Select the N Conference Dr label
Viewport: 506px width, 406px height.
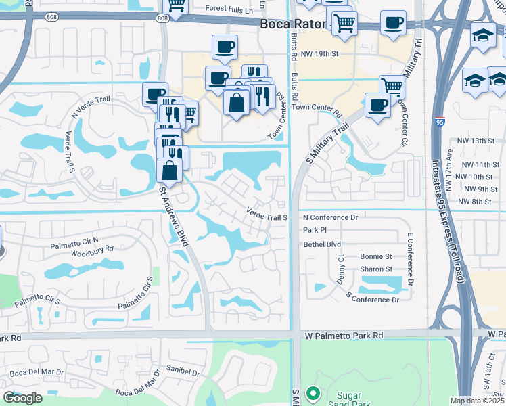click(x=329, y=218)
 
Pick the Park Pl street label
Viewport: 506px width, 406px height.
click(x=315, y=231)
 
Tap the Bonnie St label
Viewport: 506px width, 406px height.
click(x=376, y=257)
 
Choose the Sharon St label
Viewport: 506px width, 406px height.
click(x=376, y=269)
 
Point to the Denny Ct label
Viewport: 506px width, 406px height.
click(x=341, y=269)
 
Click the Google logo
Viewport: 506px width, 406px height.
click(x=22, y=398)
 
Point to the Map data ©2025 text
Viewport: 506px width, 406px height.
click(x=477, y=401)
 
